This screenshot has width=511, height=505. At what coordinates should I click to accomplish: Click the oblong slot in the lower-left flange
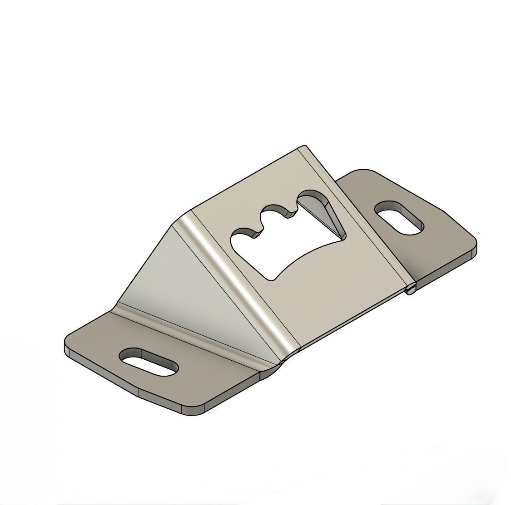point(149,362)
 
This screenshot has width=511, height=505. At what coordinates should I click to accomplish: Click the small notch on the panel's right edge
point(410,289)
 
